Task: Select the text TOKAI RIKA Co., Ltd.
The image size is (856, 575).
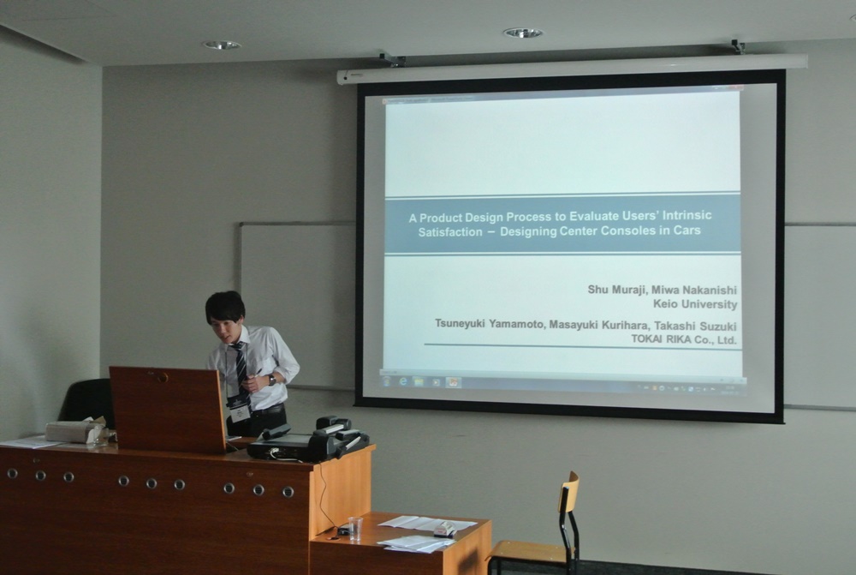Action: click(684, 339)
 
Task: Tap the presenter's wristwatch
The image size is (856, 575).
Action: click(271, 380)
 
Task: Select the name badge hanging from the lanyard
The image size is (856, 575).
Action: click(239, 411)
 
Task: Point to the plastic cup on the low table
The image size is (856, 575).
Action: click(355, 529)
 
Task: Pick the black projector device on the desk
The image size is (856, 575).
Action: click(308, 440)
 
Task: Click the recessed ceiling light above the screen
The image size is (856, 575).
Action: click(523, 33)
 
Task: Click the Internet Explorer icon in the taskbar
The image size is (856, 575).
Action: click(403, 381)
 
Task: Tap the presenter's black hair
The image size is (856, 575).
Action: click(225, 306)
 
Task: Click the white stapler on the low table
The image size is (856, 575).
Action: click(445, 529)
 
